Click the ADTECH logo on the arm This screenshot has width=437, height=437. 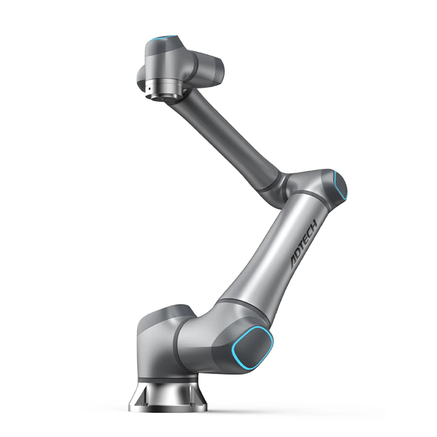point(304,244)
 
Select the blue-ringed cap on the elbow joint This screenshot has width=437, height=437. point(340,185)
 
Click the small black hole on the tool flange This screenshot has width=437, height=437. point(149,89)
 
